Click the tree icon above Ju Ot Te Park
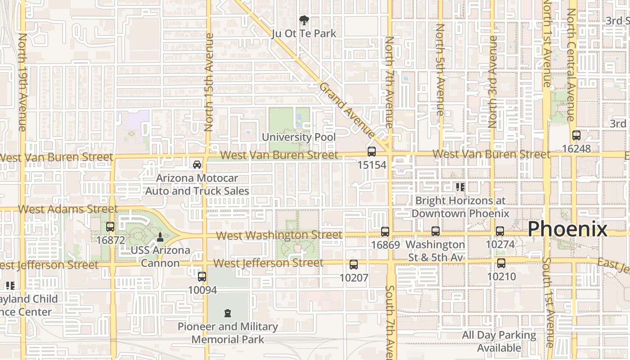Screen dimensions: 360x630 click(304, 20)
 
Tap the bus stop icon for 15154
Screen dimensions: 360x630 click(372, 152)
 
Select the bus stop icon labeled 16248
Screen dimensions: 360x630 click(576, 135)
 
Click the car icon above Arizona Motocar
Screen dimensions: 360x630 click(197, 164)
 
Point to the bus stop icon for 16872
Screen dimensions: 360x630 click(110, 227)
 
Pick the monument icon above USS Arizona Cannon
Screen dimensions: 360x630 click(160, 237)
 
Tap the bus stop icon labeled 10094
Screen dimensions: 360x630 click(202, 276)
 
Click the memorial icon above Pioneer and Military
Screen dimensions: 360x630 click(227, 313)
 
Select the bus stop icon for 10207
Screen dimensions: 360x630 click(354, 265)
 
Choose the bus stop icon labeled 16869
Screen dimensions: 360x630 click(385, 232)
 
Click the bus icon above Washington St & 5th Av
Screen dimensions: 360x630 click(435, 231)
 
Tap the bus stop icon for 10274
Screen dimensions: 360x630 click(500, 231)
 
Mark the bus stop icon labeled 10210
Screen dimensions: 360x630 click(501, 263)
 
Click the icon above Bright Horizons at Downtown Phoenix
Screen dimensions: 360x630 click(460, 187)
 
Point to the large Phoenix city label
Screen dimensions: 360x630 click(567, 229)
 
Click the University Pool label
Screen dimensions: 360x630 click(299, 137)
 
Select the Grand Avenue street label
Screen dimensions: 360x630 click(347, 110)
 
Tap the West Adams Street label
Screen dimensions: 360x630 click(68, 209)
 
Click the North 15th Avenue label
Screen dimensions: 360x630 click(209, 82)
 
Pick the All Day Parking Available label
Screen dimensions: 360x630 click(499, 342)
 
